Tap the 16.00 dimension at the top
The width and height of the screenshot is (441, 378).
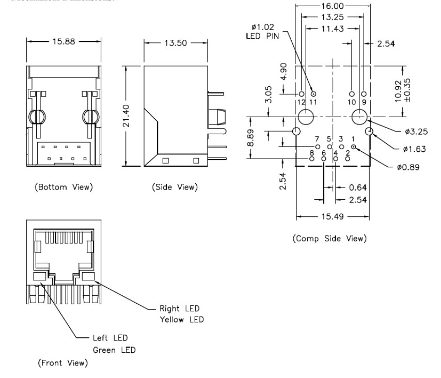[x=333, y=6]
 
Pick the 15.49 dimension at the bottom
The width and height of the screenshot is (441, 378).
[x=333, y=216]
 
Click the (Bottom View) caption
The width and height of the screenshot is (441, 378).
[x=63, y=186]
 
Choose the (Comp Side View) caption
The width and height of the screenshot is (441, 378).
[x=329, y=238]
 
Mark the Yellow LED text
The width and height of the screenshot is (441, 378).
[x=182, y=320]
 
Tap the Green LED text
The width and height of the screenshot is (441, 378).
[x=115, y=350]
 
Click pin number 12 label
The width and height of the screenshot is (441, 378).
[x=301, y=102]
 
